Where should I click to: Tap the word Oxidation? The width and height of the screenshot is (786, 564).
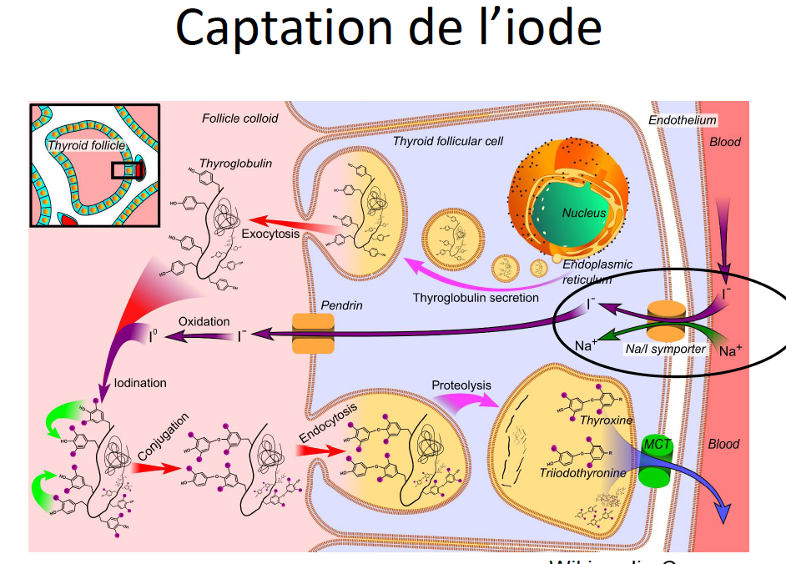coord(204,321)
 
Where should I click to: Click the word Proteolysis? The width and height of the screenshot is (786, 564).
coord(461,385)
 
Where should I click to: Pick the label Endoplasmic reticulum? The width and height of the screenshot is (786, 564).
coord(597,271)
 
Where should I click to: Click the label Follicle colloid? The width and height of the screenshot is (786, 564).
coord(239,118)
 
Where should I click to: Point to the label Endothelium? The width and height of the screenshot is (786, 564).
coord(682,120)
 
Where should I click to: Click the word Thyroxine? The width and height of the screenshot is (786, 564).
coord(607,420)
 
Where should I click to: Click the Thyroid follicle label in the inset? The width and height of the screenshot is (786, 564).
coord(85,145)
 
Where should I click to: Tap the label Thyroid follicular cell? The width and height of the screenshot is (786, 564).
coord(447,140)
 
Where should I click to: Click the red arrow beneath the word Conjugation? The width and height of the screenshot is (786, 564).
coord(157,467)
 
